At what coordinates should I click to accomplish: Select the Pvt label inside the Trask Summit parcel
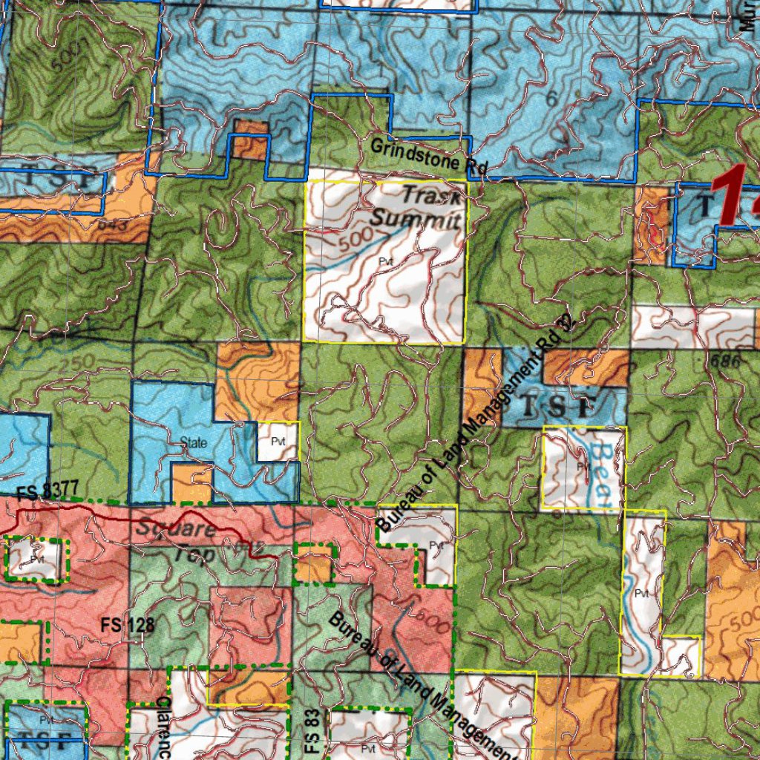[384, 262]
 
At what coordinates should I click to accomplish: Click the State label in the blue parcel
[194, 443]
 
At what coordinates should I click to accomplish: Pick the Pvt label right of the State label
[278, 442]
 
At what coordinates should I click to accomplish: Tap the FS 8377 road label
[46, 491]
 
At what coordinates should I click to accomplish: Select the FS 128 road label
[128, 626]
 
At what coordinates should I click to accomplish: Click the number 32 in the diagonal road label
[566, 324]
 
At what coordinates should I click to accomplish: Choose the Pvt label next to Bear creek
[582, 466]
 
